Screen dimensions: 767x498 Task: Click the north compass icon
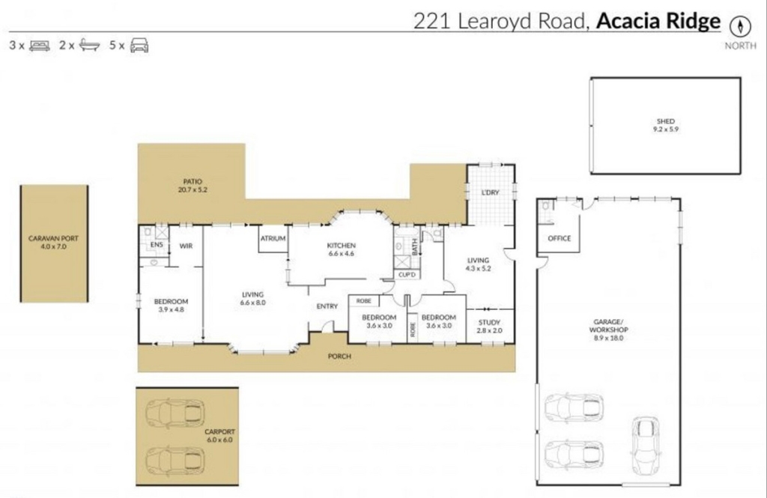click(740, 25)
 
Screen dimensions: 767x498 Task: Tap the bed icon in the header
click(39, 46)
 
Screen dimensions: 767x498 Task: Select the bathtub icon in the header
click(90, 45)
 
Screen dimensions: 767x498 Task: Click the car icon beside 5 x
click(139, 45)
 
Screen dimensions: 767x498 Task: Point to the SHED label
click(666, 121)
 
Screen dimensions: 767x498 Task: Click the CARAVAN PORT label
click(53, 238)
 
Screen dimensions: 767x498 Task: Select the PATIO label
click(192, 181)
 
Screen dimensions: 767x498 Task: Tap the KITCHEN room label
click(342, 246)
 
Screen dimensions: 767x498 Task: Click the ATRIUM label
click(273, 238)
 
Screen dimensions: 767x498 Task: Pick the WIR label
click(186, 246)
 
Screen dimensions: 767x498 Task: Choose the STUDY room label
click(489, 322)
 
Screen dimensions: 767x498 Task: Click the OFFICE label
click(559, 238)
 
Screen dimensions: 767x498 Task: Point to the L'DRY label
click(490, 192)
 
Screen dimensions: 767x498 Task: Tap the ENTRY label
click(327, 306)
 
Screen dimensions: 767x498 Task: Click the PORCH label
click(339, 356)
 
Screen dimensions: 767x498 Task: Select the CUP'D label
click(407, 275)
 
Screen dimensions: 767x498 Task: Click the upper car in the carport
click(175, 411)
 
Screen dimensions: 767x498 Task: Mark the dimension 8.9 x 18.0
click(608, 338)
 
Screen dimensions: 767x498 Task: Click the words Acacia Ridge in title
click(658, 21)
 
